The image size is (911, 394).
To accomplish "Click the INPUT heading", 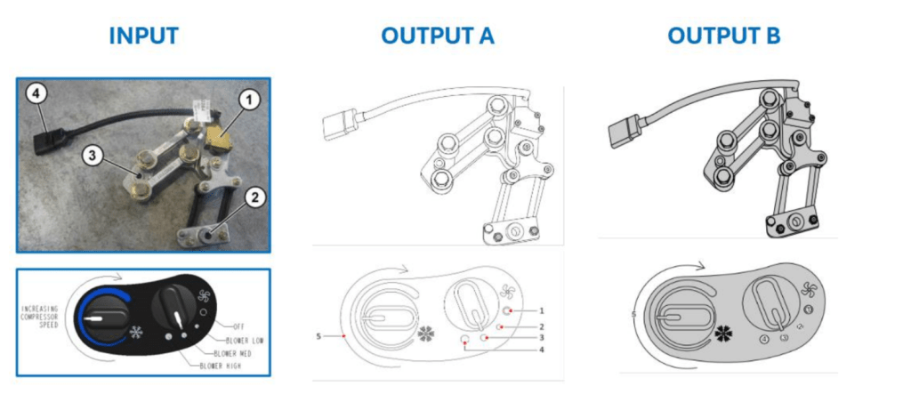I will [x=143, y=36].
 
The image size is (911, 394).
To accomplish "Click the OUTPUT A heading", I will [x=437, y=36].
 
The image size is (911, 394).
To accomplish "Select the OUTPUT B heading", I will [x=723, y=36].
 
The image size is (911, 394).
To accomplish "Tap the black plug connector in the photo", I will [x=47, y=140].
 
